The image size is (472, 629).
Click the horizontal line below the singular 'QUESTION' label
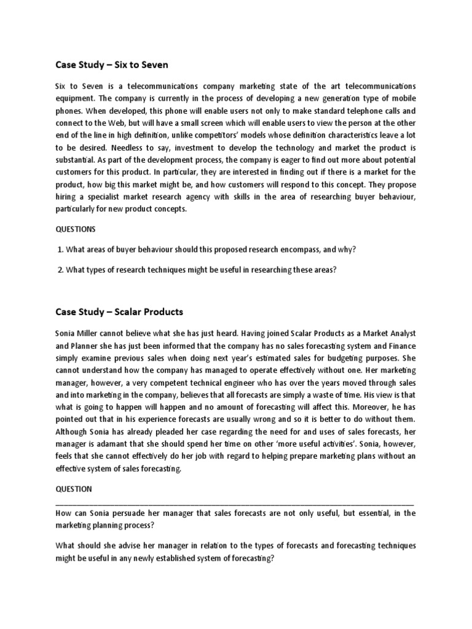pyautogui.click(x=234, y=502)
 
